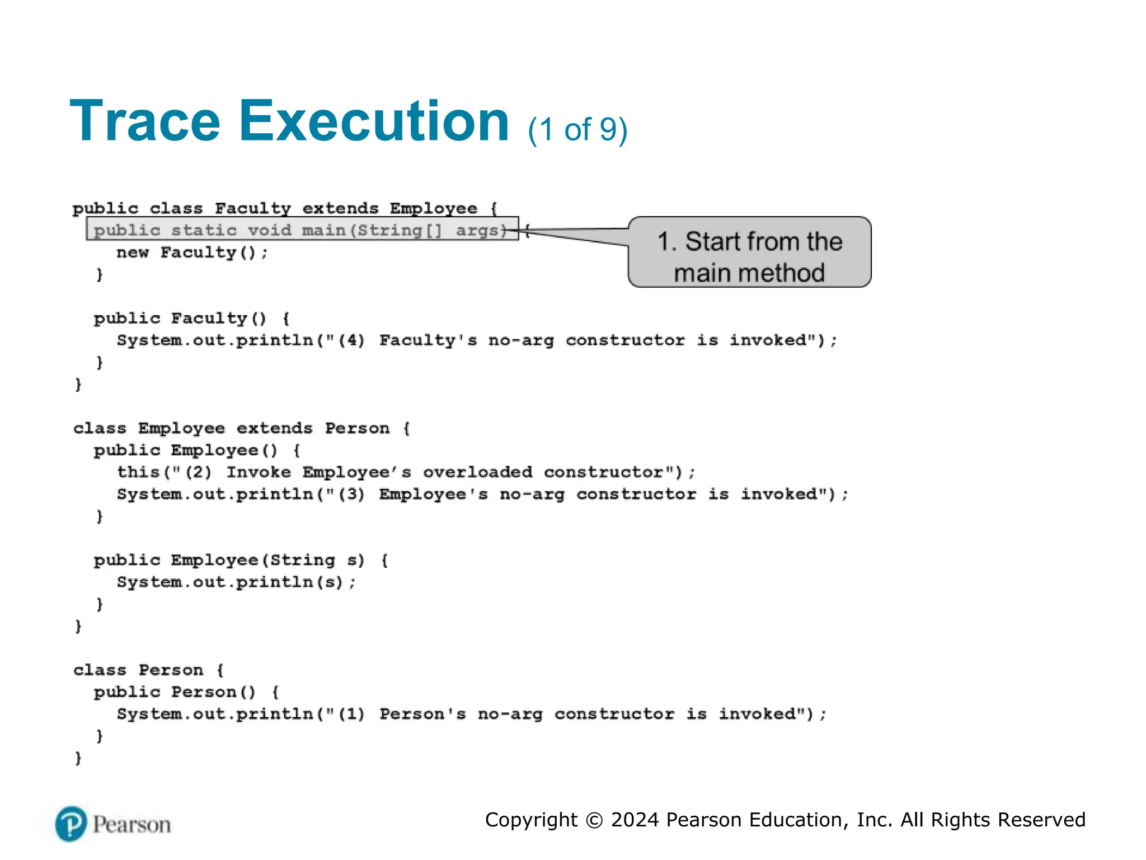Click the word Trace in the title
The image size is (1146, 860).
[x=145, y=121]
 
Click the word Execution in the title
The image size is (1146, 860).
[x=374, y=121]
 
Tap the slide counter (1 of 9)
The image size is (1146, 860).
[x=577, y=130]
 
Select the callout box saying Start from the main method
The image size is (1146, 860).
[x=749, y=253]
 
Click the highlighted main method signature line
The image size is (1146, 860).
[x=302, y=230]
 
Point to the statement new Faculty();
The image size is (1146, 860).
[x=192, y=253]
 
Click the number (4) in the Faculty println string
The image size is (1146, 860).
[x=351, y=340]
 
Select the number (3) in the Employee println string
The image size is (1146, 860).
[x=351, y=494]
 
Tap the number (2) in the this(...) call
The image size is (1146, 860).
[x=198, y=473]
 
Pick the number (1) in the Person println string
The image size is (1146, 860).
[x=351, y=714]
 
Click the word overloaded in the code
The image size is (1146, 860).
[x=477, y=473]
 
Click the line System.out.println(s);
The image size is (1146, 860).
[x=236, y=582]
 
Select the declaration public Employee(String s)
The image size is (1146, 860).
[x=229, y=560]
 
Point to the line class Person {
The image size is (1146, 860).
[x=148, y=670]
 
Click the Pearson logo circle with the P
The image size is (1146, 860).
[x=71, y=824]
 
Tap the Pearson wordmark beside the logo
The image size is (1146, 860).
[x=132, y=825]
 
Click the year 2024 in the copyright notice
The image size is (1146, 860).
[x=635, y=820]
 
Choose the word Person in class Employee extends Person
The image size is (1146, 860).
[x=357, y=428]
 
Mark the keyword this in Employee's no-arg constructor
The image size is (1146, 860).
[x=138, y=473]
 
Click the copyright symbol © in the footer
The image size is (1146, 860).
[x=594, y=820]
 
